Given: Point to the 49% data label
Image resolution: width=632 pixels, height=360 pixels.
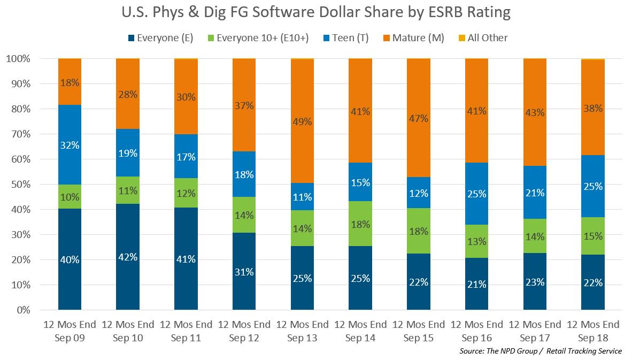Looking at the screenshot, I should click(x=302, y=121).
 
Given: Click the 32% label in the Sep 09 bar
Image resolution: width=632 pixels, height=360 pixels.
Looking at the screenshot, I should click(x=70, y=145).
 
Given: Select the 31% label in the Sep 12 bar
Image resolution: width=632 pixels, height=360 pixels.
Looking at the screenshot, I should click(x=244, y=271).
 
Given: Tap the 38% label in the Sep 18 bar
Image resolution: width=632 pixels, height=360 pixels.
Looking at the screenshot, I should click(x=593, y=108).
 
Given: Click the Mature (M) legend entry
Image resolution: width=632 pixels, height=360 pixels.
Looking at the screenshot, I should click(x=413, y=38).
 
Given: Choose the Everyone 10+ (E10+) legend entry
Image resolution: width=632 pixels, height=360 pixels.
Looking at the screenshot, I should click(x=252, y=38).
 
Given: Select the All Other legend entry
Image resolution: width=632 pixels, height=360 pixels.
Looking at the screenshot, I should click(x=482, y=38).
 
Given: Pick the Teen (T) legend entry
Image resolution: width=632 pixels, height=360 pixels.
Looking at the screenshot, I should click(x=344, y=38).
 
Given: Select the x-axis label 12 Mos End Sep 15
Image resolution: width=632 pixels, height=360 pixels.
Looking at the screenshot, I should click(x=418, y=331).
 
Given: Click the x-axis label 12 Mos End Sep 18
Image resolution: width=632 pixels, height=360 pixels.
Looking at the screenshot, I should click(x=593, y=331).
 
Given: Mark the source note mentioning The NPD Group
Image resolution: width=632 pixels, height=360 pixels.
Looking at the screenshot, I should click(x=540, y=351).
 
